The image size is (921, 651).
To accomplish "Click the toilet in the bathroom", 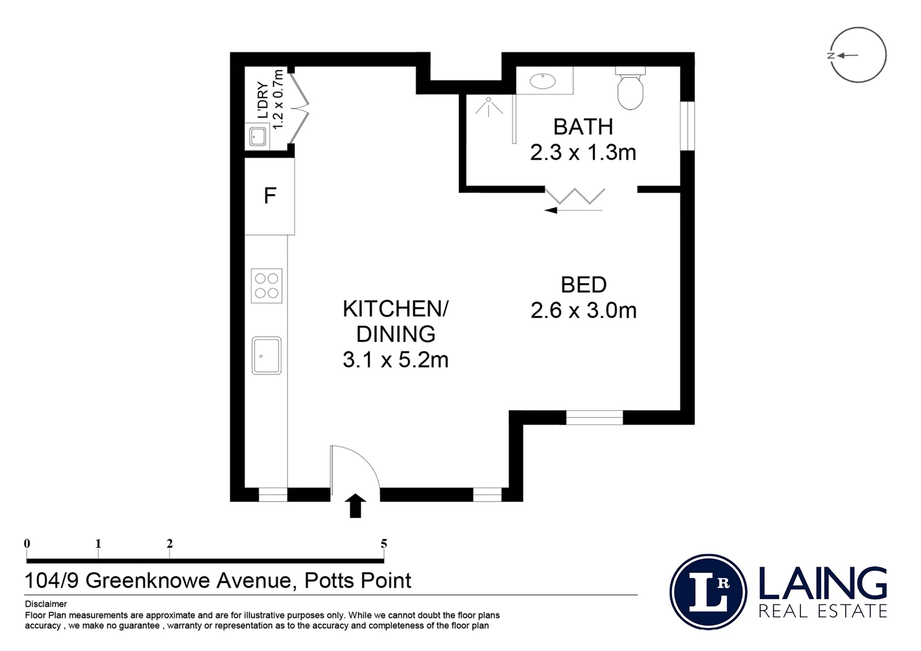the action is coord(630,88).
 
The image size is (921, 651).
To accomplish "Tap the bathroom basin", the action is coord(542,81).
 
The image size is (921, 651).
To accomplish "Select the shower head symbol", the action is coord(489,106).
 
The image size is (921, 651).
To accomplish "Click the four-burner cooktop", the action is coord(266,286).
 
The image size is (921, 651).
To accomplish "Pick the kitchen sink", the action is coord(266,356).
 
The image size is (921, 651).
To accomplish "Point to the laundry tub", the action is coord(258,136).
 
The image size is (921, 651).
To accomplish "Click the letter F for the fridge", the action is coord(269,196).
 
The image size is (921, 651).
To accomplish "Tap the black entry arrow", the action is coord(355,506).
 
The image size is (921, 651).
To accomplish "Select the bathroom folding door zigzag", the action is coord(575,196).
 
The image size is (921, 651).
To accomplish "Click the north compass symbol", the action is coord(858,55).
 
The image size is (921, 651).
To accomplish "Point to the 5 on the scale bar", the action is coord(383,544).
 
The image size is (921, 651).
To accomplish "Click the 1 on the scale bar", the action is coord(98,544).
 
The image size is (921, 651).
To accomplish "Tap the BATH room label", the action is coord(583,127).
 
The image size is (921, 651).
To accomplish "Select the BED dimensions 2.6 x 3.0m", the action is coord(583,310).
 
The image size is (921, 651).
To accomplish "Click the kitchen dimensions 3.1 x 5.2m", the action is coord(395,360).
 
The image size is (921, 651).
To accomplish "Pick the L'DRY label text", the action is coord(262,100).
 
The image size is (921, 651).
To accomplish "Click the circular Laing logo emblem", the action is coord(708,592).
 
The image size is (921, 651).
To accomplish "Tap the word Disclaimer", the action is coord(46,604).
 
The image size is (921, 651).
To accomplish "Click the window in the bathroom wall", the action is coord(688,126).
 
